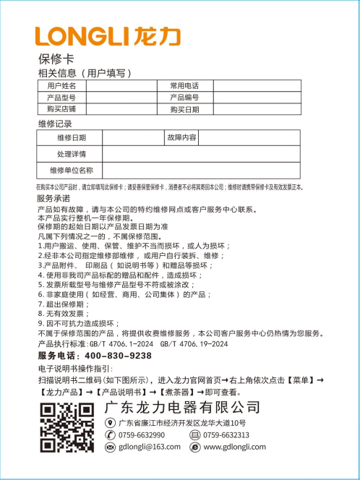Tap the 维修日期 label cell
(x=71, y=137)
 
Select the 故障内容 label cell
(x=181, y=137)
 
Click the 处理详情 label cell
(x=71, y=154)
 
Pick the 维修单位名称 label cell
(x=71, y=171)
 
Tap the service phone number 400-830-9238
(x=118, y=356)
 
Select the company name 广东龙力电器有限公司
(x=181, y=408)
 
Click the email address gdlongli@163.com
(x=153, y=447)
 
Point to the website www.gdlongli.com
(x=236, y=447)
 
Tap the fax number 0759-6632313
(x=226, y=435)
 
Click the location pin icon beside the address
(x=110, y=423)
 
